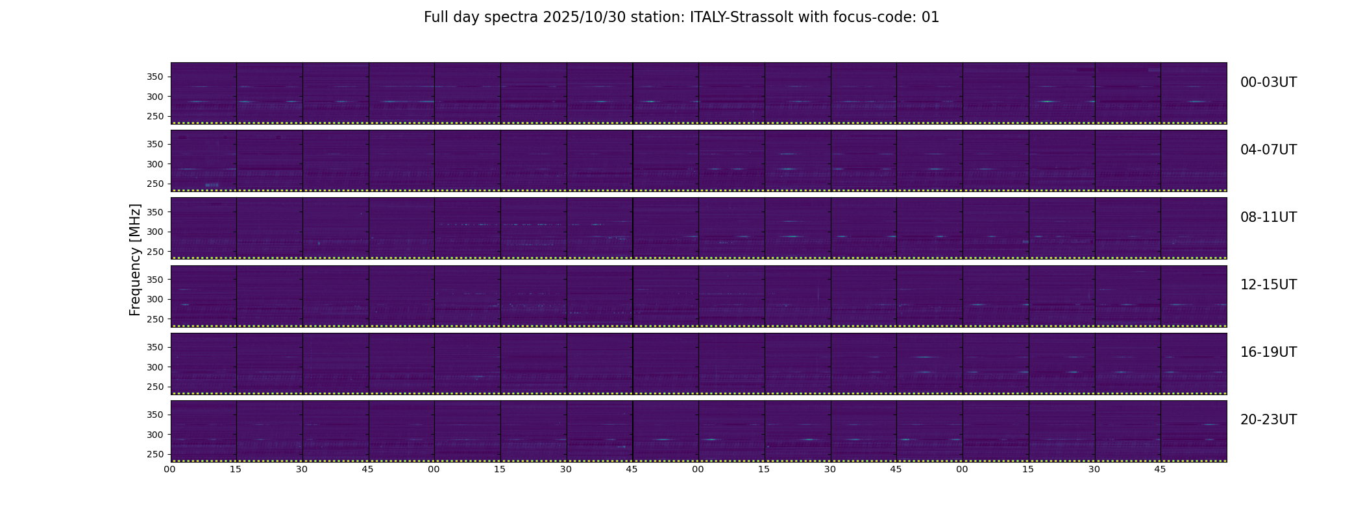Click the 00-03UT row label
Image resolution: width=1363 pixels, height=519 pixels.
point(1268,82)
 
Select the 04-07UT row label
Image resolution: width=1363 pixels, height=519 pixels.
point(1268,150)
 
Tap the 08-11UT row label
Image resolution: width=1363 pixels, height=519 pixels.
point(1268,217)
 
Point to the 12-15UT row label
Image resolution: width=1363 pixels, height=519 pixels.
point(1268,285)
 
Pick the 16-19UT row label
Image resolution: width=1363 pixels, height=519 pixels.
point(1268,352)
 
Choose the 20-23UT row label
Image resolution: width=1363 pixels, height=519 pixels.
point(1268,420)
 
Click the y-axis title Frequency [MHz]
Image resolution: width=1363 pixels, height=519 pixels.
point(135,259)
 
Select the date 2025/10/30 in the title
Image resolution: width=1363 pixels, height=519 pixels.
point(585,18)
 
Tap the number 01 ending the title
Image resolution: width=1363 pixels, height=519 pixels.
point(930,18)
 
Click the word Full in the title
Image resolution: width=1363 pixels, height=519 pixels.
point(436,18)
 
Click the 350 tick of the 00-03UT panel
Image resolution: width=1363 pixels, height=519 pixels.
point(156,77)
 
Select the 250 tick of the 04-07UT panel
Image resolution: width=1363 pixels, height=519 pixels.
point(156,184)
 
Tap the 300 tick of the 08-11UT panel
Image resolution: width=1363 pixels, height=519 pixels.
point(156,232)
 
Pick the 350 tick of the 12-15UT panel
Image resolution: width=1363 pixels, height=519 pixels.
point(156,280)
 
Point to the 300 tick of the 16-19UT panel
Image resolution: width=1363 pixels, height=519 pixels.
point(156,367)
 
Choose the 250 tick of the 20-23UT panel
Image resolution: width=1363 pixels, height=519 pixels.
point(156,454)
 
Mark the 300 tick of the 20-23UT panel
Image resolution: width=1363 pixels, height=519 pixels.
point(156,435)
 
